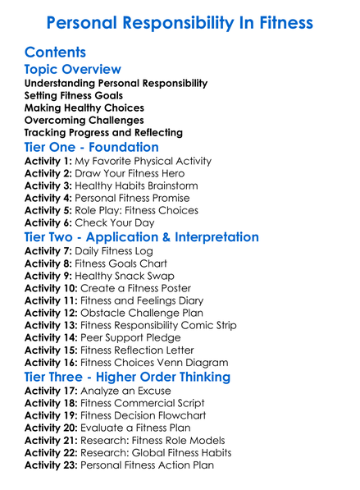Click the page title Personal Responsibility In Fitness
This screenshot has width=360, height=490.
coord(180,22)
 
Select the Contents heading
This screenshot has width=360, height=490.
coord(55,53)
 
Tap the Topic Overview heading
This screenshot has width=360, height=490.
coord(73,70)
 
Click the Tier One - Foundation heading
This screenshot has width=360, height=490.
coord(92,147)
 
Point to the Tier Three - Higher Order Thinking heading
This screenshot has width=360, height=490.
coord(127,377)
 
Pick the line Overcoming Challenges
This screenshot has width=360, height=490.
coord(84,120)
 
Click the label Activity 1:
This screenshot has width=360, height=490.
coord(48,162)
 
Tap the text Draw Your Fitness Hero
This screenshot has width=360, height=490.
coord(130,174)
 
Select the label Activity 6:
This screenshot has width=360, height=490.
coord(48,222)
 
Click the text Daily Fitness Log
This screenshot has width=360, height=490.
coord(115,251)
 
